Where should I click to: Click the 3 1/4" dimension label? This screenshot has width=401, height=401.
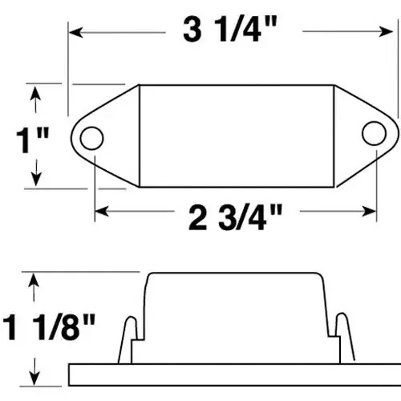pos(230,30)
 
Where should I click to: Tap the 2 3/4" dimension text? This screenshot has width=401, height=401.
pos(235,217)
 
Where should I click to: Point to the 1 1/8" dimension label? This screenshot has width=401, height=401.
pos(49,327)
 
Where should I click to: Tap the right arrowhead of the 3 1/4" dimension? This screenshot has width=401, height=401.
pos(386,31)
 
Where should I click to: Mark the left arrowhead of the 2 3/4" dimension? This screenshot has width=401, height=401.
pos(102,211)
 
